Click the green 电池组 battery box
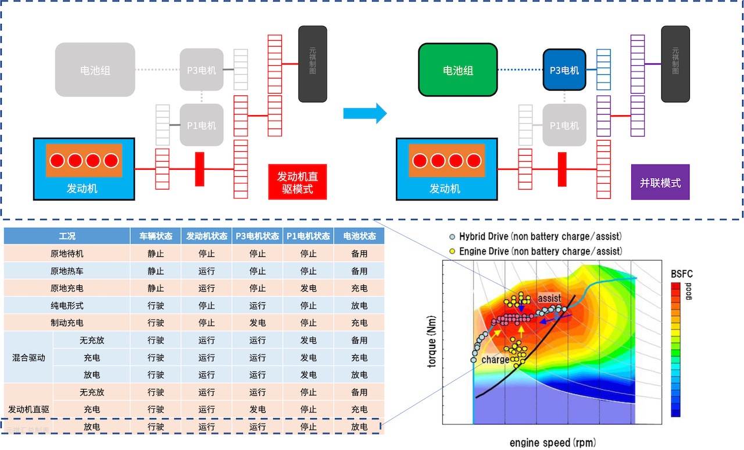pyautogui.click(x=458, y=70)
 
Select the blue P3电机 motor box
pyautogui.click(x=564, y=70)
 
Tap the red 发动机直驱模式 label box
pyautogui.click(x=297, y=183)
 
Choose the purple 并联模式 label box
pyautogui.click(x=660, y=183)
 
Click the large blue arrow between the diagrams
pyautogui.click(x=364, y=113)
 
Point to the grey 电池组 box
pyautogui.click(x=95, y=70)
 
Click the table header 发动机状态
pyautogui.click(x=206, y=236)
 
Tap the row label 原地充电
pyautogui.click(x=67, y=288)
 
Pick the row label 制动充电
pyautogui.click(x=67, y=323)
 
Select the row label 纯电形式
pyautogui.click(x=67, y=305)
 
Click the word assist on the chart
pyautogui.click(x=549, y=298)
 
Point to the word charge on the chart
pyautogui.click(x=495, y=360)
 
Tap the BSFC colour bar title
pyautogui.click(x=682, y=274)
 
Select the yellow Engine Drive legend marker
pyautogui.click(x=452, y=252)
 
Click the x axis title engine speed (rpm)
pyautogui.click(x=552, y=442)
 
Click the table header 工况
pyautogui.click(x=67, y=236)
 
